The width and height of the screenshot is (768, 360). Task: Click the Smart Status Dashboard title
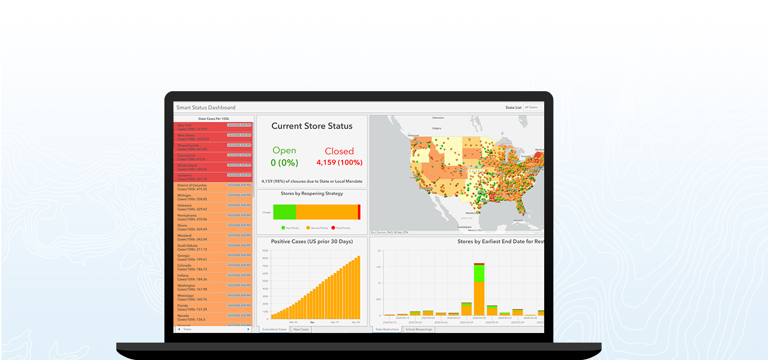tap(206, 107)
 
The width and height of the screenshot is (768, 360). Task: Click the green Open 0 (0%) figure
tap(284, 156)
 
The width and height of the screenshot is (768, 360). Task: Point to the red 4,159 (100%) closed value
tap(339, 162)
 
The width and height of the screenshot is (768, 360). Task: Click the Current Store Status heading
tap(311, 126)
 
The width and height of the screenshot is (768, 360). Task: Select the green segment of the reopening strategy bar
tap(284, 212)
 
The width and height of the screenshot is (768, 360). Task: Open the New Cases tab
tap(301, 329)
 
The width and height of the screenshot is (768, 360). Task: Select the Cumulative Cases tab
tap(274, 329)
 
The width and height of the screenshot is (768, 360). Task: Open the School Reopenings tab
tap(418, 329)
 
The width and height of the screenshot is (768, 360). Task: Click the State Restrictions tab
tap(387, 329)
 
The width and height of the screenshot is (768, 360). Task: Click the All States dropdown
tap(533, 107)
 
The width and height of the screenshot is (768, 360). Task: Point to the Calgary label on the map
tap(436, 128)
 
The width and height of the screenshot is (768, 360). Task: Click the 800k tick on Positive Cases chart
tap(265, 258)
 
